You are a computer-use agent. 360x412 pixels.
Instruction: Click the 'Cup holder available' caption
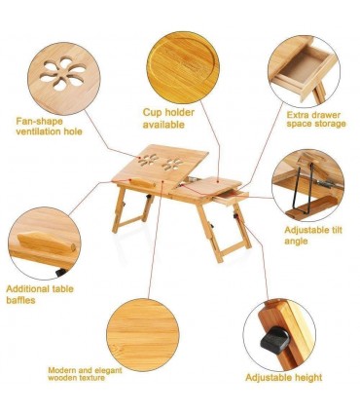[168, 119]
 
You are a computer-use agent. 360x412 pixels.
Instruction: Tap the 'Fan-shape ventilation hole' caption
[49, 127]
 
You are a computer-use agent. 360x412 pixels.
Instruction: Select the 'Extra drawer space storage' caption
[316, 119]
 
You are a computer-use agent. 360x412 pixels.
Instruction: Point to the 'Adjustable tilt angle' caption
[313, 236]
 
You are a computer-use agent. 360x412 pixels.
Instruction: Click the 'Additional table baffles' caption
[40, 294]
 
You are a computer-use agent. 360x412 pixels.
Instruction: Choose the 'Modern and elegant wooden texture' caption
[85, 374]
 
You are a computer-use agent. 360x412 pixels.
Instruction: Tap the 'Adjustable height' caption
[283, 378]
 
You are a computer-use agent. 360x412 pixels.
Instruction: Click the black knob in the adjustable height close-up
[275, 340]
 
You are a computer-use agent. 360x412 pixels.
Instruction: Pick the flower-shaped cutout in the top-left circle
[63, 73]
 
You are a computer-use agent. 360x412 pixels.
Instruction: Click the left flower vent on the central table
[148, 160]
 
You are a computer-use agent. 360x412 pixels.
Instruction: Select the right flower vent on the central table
[172, 164]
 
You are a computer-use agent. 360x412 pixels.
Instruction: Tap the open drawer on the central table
[231, 198]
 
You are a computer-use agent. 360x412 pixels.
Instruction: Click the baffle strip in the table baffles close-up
[47, 243]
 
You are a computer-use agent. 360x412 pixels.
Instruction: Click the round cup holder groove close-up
[183, 67]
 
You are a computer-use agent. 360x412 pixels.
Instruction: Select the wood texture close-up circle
[143, 335]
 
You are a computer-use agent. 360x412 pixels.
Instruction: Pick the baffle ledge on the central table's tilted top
[142, 183]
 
